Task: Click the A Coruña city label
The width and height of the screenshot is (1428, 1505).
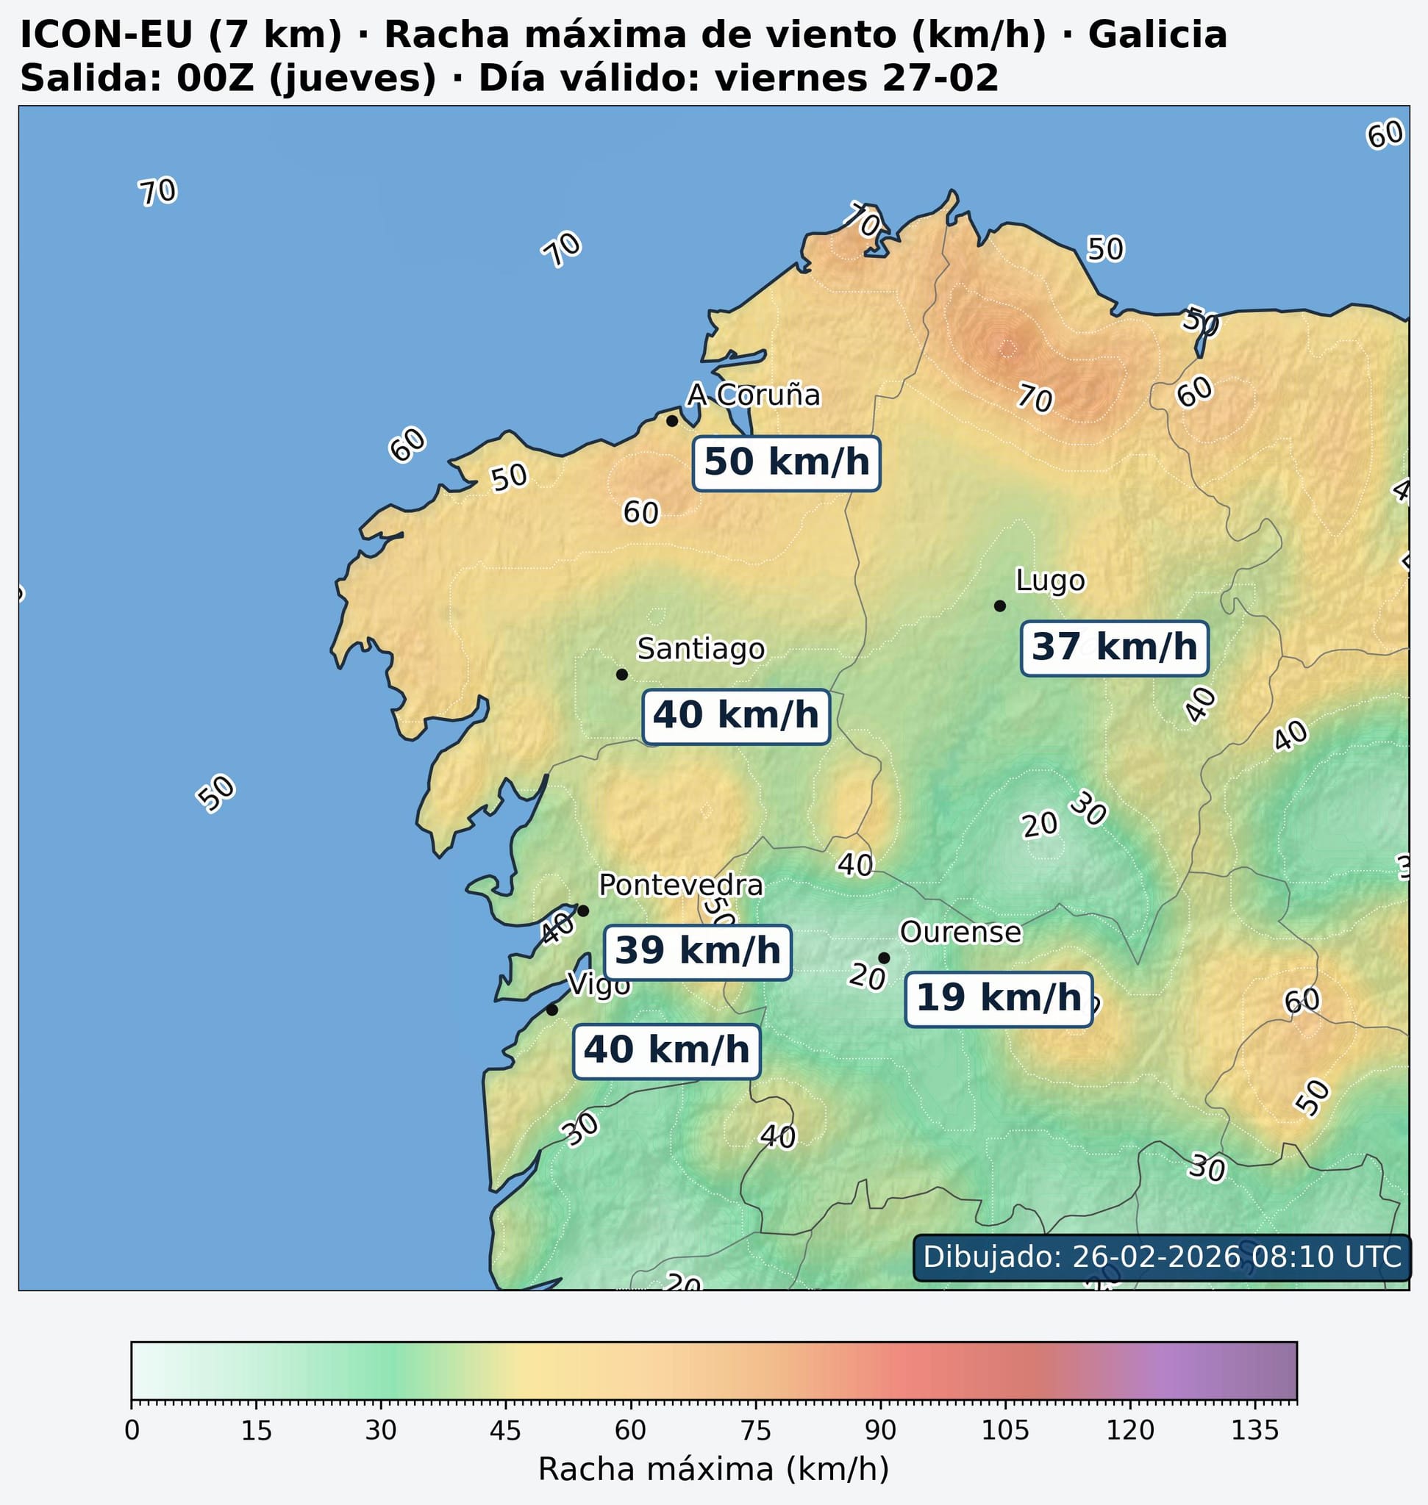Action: pos(753,395)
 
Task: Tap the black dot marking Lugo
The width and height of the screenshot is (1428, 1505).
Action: pos(999,606)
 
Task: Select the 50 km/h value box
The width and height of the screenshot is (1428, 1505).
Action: pos(786,463)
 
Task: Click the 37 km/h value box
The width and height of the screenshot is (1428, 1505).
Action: pos(1113,648)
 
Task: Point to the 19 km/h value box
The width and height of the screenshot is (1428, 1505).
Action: pos(998,999)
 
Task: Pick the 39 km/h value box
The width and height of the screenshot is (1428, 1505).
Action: pos(697,952)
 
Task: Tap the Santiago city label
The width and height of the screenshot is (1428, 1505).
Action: pos(700,649)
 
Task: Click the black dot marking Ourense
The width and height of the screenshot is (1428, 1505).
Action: pos(884,958)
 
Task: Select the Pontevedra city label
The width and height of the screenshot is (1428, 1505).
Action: pos(679,885)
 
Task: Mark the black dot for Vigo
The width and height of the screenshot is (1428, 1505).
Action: pos(552,1010)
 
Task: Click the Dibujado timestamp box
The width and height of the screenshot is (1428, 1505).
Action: pos(1161,1256)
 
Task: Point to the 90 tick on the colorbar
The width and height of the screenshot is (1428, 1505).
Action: pos(880,1401)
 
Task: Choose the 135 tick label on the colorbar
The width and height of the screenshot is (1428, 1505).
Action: pos(1254,1431)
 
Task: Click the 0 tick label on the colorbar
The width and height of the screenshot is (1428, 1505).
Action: pos(132,1431)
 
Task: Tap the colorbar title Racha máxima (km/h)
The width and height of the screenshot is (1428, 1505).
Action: pos(713,1468)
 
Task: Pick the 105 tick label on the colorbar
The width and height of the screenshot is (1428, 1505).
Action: pos(1004,1431)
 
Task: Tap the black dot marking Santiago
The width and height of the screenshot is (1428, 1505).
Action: pos(621,674)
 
